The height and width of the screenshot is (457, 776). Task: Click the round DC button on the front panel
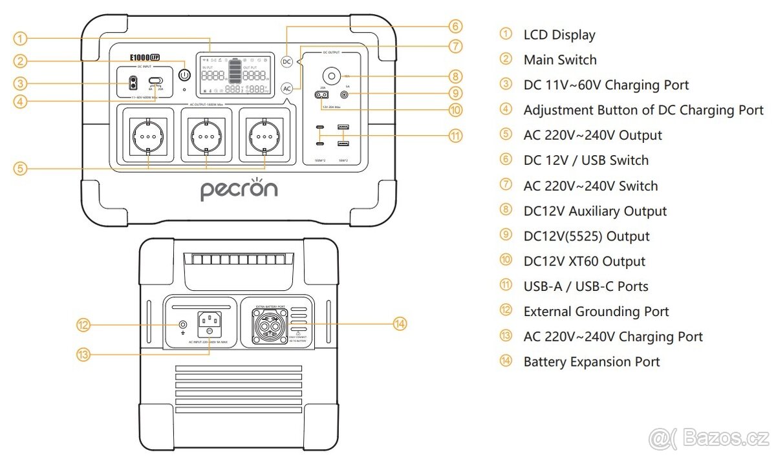(x=288, y=61)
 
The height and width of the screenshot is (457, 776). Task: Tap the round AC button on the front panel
(x=288, y=88)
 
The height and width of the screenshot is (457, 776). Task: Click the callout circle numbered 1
(x=21, y=39)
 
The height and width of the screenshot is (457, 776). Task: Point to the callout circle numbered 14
(x=400, y=323)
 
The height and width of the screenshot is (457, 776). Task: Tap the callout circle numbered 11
(x=456, y=136)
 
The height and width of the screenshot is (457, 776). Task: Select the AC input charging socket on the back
(x=210, y=322)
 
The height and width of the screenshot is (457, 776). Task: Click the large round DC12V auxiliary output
(x=331, y=76)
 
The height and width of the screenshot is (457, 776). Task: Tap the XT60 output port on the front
(x=319, y=95)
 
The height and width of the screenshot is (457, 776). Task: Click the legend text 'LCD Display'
(x=559, y=35)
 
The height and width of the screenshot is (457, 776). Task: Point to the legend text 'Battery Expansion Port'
(x=592, y=362)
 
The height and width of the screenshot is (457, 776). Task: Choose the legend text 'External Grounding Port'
(x=596, y=312)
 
